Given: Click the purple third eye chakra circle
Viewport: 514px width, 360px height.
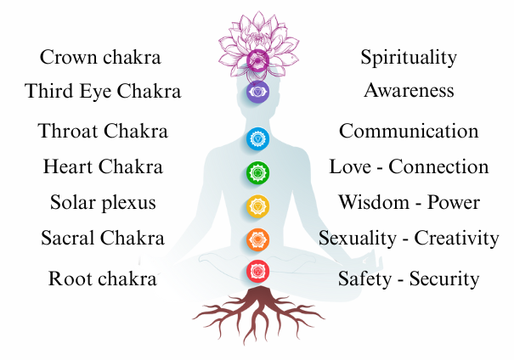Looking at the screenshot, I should pyautogui.click(x=257, y=93).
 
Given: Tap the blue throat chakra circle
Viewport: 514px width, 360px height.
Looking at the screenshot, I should pyautogui.click(x=257, y=138).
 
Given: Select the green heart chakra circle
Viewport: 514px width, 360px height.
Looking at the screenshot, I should pyautogui.click(x=257, y=174).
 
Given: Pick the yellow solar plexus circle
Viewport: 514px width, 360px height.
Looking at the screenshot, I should pyautogui.click(x=257, y=206).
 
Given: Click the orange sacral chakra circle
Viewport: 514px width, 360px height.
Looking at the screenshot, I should pyautogui.click(x=257, y=239).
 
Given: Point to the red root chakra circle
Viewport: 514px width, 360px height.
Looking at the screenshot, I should pyautogui.click(x=257, y=271).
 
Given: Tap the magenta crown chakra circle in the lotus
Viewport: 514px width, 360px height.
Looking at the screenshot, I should pyautogui.click(x=257, y=59).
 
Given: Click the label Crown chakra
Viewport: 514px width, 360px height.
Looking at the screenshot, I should pyautogui.click(x=100, y=58).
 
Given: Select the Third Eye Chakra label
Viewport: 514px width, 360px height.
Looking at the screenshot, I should pyautogui.click(x=103, y=91).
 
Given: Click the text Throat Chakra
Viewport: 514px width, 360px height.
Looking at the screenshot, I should pyautogui.click(x=103, y=132).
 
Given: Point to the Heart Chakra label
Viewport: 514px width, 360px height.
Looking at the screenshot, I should pyautogui.click(x=103, y=166).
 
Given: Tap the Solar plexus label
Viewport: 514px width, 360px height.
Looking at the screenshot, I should pyautogui.click(x=102, y=203).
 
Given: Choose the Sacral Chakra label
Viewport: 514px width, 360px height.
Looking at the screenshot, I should pyautogui.click(x=103, y=238).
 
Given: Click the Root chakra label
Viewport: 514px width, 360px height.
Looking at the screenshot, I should pyautogui.click(x=103, y=278).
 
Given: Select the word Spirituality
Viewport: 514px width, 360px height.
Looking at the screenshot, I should pyautogui.click(x=409, y=58).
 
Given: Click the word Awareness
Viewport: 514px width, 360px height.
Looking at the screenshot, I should pyautogui.click(x=409, y=90).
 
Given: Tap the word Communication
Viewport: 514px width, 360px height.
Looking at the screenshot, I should pyautogui.click(x=409, y=132).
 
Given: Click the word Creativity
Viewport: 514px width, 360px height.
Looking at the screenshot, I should pyautogui.click(x=458, y=238).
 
